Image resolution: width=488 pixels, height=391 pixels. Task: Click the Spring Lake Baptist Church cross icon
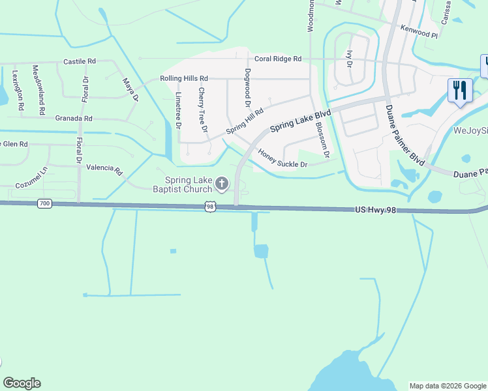click(x=222, y=184)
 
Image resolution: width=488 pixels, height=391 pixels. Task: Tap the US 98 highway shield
click(x=209, y=206)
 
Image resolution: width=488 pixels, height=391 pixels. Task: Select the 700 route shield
click(x=44, y=204)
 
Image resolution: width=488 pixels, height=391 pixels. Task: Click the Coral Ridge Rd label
click(x=278, y=59)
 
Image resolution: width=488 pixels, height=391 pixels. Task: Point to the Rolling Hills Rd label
click(x=184, y=78)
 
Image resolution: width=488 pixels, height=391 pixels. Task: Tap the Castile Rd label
click(x=80, y=61)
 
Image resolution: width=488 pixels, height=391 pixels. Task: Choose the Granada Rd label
click(x=74, y=119)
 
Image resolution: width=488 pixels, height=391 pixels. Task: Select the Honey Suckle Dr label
click(x=282, y=159)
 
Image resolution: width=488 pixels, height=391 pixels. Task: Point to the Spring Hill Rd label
click(x=245, y=121)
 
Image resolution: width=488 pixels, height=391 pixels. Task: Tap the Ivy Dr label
click(x=350, y=59)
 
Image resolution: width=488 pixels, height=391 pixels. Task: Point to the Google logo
click(x=22, y=383)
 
